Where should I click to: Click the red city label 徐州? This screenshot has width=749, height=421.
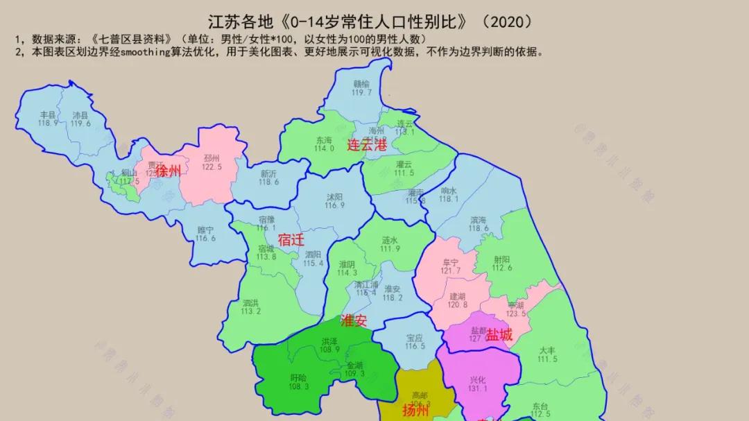(168, 171)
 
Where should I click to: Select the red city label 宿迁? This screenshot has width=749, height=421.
(291, 240)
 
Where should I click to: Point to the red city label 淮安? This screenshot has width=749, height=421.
(354, 321)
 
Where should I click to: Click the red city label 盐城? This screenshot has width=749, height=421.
(499, 335)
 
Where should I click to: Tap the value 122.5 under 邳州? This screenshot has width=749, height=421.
(212, 167)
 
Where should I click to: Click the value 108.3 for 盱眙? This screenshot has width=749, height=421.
(299, 386)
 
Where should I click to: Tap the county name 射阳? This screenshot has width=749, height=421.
(502, 259)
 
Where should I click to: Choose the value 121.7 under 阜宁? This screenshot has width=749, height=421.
(451, 270)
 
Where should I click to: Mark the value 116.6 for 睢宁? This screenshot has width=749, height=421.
(205, 239)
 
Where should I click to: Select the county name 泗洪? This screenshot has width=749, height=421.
(251, 302)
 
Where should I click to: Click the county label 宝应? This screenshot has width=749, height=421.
(415, 338)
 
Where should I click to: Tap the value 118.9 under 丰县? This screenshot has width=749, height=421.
(48, 123)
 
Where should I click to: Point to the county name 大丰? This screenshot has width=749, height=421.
(547, 350)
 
